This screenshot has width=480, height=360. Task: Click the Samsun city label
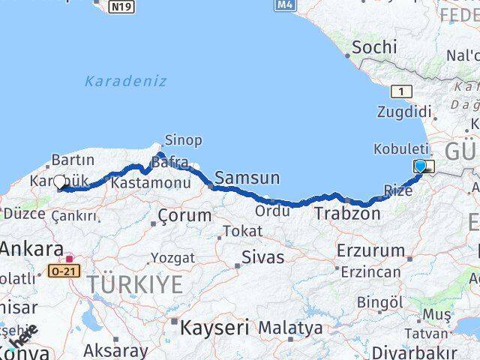(247, 178)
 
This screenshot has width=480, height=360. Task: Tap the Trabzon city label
(347, 214)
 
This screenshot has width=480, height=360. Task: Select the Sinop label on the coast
(183, 140)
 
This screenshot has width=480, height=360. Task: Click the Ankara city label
(31, 250)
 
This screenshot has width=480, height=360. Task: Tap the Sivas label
(262, 257)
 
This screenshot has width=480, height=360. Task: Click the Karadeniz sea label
(125, 81)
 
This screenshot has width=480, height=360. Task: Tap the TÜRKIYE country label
(135, 285)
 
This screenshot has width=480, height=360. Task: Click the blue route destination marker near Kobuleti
(421, 166)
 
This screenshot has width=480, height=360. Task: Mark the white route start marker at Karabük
(60, 181)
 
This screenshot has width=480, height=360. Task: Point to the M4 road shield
(283, 5)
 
